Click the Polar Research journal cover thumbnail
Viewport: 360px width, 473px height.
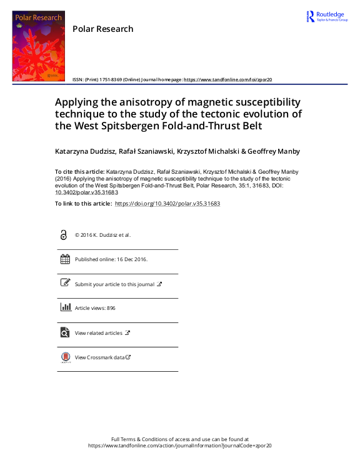coord(38,46)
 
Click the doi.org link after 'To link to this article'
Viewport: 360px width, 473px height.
coord(167,204)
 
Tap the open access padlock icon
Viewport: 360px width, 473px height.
coord(64,235)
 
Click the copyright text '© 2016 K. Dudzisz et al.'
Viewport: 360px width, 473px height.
coord(103,235)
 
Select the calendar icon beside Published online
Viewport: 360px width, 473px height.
coord(64,259)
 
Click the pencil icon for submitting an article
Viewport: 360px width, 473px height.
coord(64,283)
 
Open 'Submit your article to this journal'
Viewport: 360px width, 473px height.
coord(114,284)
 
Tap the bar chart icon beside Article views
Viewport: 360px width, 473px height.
coord(64,307)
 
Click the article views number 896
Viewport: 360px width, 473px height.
coord(111,308)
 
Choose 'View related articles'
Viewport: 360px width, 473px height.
coord(99,333)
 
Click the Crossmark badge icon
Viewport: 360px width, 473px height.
coord(64,357)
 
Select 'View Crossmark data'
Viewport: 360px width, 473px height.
coord(99,357)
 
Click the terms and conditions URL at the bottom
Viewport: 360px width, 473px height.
coord(179,446)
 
